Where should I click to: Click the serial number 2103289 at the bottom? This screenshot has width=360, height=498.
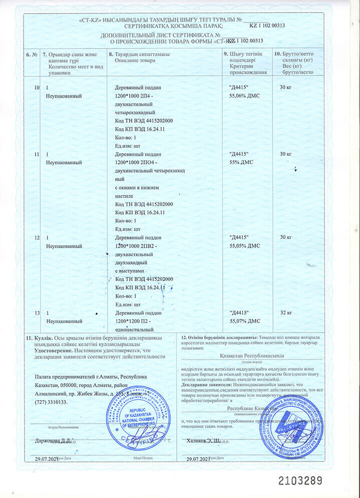pos(300,480)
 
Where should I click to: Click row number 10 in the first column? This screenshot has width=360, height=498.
pos(36,88)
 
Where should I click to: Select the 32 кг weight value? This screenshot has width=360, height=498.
pos(286,313)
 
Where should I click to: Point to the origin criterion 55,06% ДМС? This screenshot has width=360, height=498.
pos(244,95)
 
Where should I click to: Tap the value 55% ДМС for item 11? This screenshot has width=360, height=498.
pos(241,163)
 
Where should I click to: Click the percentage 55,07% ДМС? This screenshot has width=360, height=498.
pos(244,320)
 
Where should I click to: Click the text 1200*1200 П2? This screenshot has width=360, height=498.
pos(133,320)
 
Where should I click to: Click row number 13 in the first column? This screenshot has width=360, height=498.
pos(36,313)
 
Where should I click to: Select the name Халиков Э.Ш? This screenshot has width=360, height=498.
pos(203,440)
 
